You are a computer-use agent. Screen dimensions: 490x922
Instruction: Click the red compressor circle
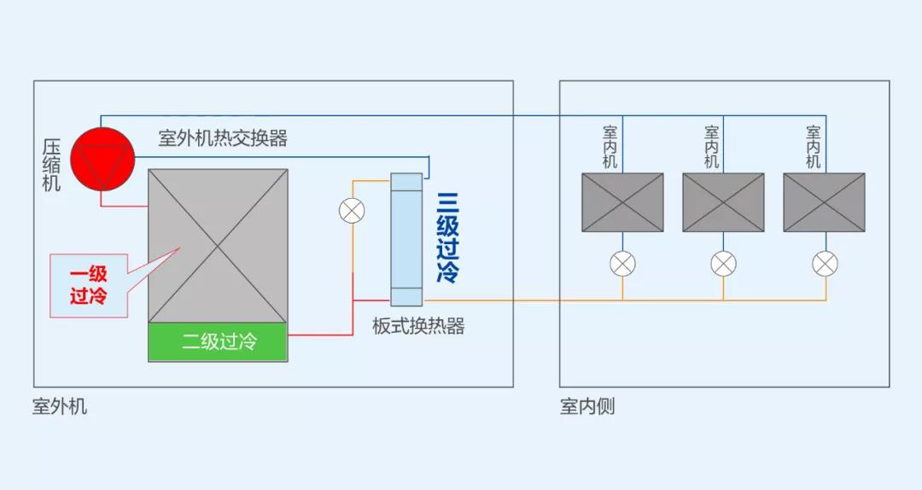102,159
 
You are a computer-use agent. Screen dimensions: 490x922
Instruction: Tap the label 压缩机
52,166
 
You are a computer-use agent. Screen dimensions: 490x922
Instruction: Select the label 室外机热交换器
223,138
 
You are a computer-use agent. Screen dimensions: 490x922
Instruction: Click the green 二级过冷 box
219,343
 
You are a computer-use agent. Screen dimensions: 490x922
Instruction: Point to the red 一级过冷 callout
89,285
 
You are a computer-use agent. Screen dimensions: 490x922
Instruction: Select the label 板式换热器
418,326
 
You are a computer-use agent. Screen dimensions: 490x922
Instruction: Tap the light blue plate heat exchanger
406,239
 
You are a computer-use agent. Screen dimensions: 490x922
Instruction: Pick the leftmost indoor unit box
622,202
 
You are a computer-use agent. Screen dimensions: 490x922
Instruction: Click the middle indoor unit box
723,202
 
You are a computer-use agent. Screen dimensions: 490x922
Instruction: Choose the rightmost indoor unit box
824,202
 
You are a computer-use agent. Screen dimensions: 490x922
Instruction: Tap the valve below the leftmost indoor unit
622,264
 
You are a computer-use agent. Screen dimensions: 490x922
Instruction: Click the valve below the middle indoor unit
723,264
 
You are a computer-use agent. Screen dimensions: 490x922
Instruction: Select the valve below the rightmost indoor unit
825,264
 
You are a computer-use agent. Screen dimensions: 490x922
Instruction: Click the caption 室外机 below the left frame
60,406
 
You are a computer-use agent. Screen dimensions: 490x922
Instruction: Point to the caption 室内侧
587,406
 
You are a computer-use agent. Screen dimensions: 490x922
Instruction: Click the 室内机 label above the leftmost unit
610,147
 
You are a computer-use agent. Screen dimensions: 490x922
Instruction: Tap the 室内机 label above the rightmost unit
813,147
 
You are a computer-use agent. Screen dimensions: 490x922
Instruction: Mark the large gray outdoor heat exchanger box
218,246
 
